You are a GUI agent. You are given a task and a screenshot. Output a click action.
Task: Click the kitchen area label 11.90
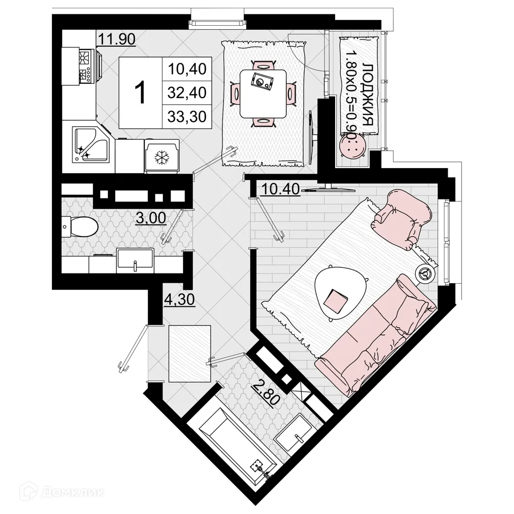point(117,40)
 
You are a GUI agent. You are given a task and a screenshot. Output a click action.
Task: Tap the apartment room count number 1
point(140,93)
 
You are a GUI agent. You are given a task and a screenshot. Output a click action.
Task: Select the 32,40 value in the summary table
point(187,93)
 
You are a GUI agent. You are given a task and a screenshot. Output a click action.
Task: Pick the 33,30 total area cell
point(187,117)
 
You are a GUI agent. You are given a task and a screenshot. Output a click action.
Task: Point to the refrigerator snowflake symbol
point(162,156)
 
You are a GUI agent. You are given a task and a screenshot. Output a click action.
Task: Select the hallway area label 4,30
point(178,300)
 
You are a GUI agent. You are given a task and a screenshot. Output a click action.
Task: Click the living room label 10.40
point(280,190)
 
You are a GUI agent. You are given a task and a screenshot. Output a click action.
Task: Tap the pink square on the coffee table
point(337,300)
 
